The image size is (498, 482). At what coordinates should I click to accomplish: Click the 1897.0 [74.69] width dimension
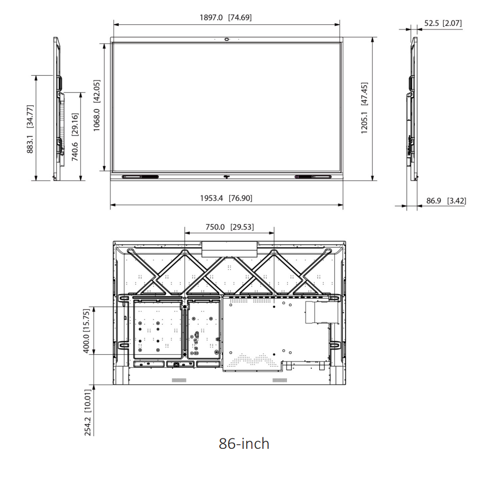click(226, 17)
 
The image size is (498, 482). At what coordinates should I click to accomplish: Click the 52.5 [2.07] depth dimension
click(443, 23)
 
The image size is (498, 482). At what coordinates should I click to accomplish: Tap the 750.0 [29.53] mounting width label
click(229, 227)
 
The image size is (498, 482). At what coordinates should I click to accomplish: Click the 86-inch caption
click(244, 443)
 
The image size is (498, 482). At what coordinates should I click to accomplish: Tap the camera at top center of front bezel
click(227, 39)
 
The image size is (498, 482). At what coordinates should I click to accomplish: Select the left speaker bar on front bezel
click(140, 177)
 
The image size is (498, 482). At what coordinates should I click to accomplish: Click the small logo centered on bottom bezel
click(227, 177)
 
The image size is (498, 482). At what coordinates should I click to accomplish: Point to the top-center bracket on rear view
click(230, 248)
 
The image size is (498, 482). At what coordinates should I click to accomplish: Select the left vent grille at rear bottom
click(179, 379)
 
